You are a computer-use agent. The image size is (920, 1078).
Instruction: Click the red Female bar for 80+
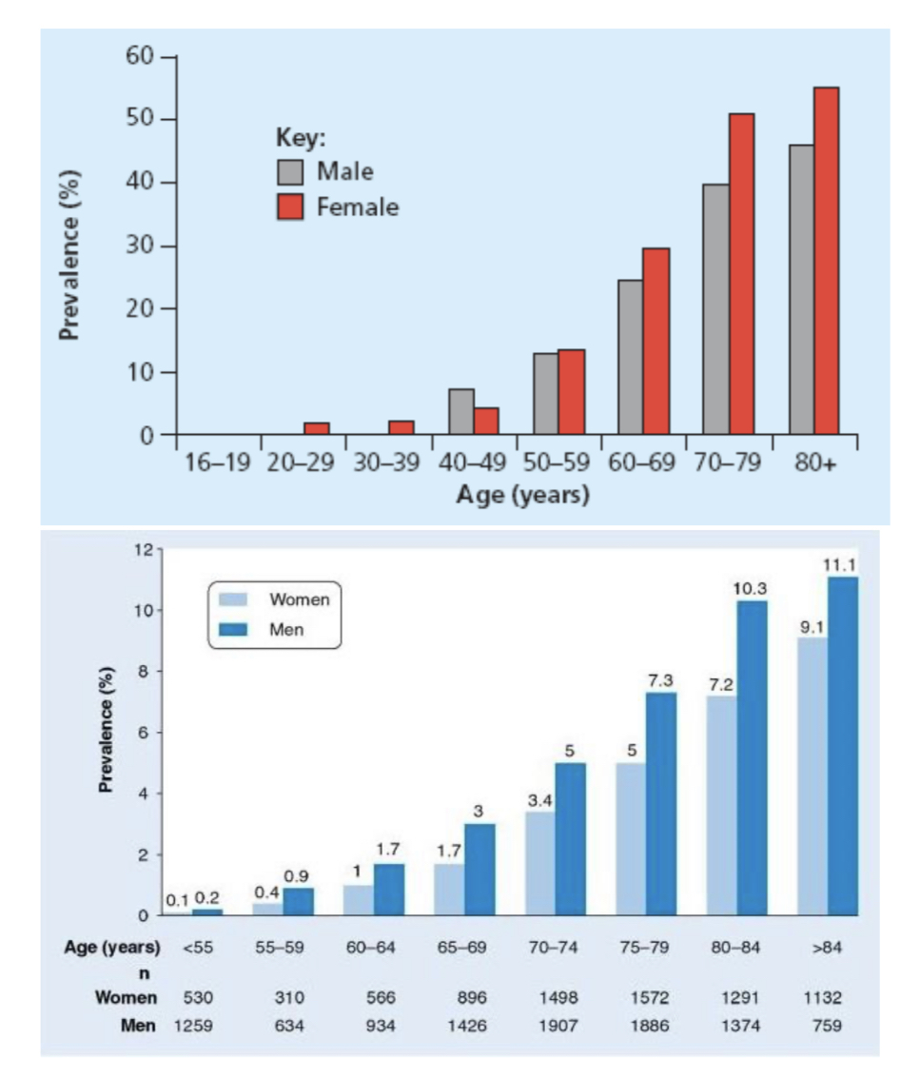[x=826, y=261]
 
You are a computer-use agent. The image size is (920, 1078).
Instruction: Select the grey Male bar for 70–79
[x=715, y=309]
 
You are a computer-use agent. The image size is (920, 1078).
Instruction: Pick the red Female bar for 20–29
[x=316, y=428]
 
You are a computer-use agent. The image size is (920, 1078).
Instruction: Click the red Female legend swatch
[x=291, y=207]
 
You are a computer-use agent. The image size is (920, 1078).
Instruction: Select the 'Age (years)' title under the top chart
[x=522, y=496]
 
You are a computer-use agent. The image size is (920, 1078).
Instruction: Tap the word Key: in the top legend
[x=301, y=138]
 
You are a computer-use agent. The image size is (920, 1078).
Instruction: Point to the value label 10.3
[x=751, y=589]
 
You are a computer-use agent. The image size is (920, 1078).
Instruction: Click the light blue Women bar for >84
[x=812, y=775]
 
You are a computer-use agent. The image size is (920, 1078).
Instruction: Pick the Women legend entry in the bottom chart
[x=299, y=599]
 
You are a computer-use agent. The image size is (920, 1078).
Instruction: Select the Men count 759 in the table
[x=827, y=1027]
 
